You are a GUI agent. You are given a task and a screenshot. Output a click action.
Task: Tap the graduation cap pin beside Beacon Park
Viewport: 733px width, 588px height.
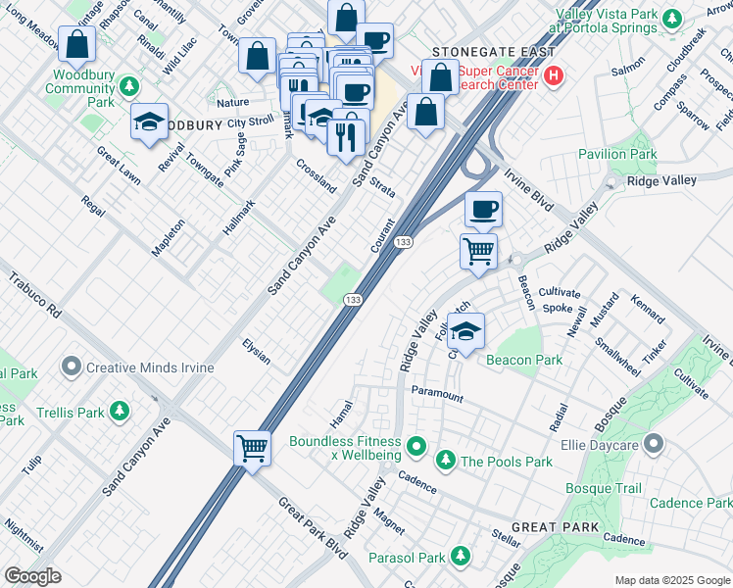coord(466,330)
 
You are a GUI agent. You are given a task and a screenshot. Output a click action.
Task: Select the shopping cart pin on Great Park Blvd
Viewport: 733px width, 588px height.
coord(252,449)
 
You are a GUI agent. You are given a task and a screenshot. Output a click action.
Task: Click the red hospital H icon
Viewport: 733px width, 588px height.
coord(555,74)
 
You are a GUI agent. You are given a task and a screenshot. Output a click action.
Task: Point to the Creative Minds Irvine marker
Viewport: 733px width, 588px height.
coord(71,367)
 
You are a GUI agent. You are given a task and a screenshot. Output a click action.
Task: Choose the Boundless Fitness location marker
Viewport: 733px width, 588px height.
coord(417,450)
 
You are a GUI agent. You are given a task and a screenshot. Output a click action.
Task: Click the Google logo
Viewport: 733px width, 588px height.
coord(32,576)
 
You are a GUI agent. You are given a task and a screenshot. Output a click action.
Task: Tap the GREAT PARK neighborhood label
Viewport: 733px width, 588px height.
coord(555,527)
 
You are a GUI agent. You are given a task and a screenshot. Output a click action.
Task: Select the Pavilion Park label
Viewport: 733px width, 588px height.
coord(617,154)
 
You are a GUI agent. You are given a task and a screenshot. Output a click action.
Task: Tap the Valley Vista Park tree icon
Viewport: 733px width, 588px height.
coord(672,18)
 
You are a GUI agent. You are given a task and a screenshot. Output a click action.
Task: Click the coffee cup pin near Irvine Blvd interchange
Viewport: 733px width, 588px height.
coord(482,209)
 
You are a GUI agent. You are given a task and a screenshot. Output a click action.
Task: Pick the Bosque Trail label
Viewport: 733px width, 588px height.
coord(603,488)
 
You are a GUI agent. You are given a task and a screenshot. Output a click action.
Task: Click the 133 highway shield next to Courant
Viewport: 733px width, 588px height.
coord(403,241)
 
